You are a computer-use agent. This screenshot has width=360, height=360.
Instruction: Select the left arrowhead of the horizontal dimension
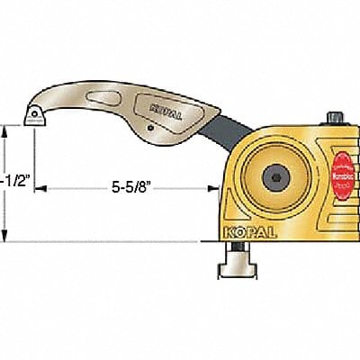(x=47, y=190)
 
